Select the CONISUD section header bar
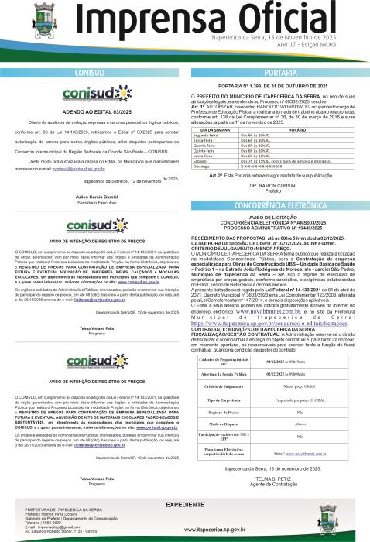point(93,70)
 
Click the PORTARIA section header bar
point(276,70)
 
